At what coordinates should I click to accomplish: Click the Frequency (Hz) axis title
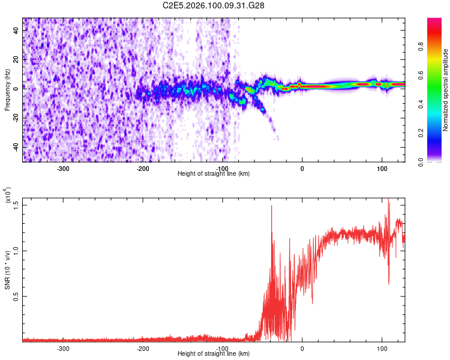8,90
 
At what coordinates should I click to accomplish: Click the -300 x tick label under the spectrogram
64,168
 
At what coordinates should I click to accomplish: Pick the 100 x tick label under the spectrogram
382,168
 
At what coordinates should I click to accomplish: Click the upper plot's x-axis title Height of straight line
214,174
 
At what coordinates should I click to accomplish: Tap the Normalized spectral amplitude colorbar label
446,90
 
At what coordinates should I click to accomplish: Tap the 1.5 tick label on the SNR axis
16,205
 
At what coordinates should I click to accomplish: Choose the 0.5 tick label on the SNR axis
16,296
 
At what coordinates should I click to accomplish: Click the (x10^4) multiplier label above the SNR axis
8,197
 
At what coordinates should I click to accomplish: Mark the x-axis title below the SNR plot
214,354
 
